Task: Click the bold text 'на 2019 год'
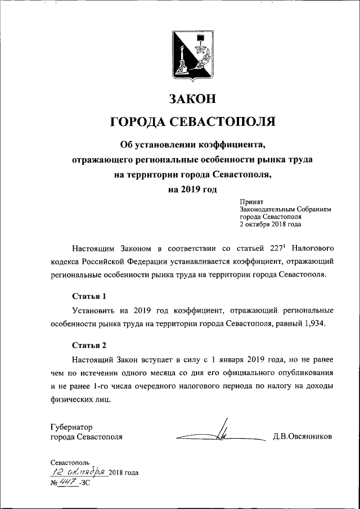(192, 190)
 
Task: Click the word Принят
(251, 201)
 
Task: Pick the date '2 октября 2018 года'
(270, 224)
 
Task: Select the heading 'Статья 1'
(89, 296)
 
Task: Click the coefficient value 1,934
(314, 325)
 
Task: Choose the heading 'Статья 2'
(89, 344)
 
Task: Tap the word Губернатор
(71, 426)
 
